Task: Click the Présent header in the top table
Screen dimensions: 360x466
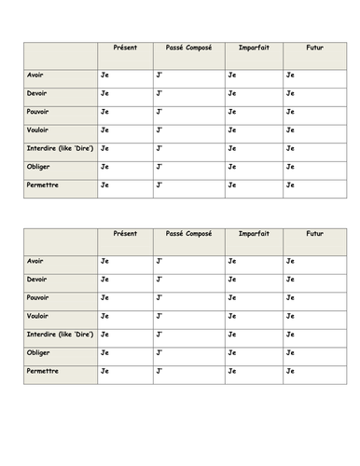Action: (x=124, y=48)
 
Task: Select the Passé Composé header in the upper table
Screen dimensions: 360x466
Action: (x=188, y=48)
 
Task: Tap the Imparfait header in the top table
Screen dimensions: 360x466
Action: (x=254, y=48)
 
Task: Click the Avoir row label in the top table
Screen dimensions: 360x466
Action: (x=38, y=74)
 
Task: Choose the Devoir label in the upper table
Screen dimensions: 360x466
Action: (x=40, y=92)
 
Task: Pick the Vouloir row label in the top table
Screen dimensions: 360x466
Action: (x=42, y=130)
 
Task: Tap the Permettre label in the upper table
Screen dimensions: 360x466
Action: (x=46, y=185)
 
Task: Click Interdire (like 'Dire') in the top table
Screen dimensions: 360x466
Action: (x=61, y=148)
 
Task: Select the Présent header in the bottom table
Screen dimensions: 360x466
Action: (x=124, y=234)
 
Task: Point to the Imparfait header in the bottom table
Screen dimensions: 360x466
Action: (x=254, y=234)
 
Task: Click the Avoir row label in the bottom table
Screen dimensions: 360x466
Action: (x=38, y=260)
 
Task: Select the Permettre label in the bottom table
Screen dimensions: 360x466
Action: (x=46, y=371)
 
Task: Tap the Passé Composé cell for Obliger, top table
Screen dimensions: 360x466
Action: (x=188, y=168)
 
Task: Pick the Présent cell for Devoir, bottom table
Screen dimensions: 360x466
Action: (x=125, y=279)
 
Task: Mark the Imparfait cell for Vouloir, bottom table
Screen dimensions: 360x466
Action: (x=254, y=316)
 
